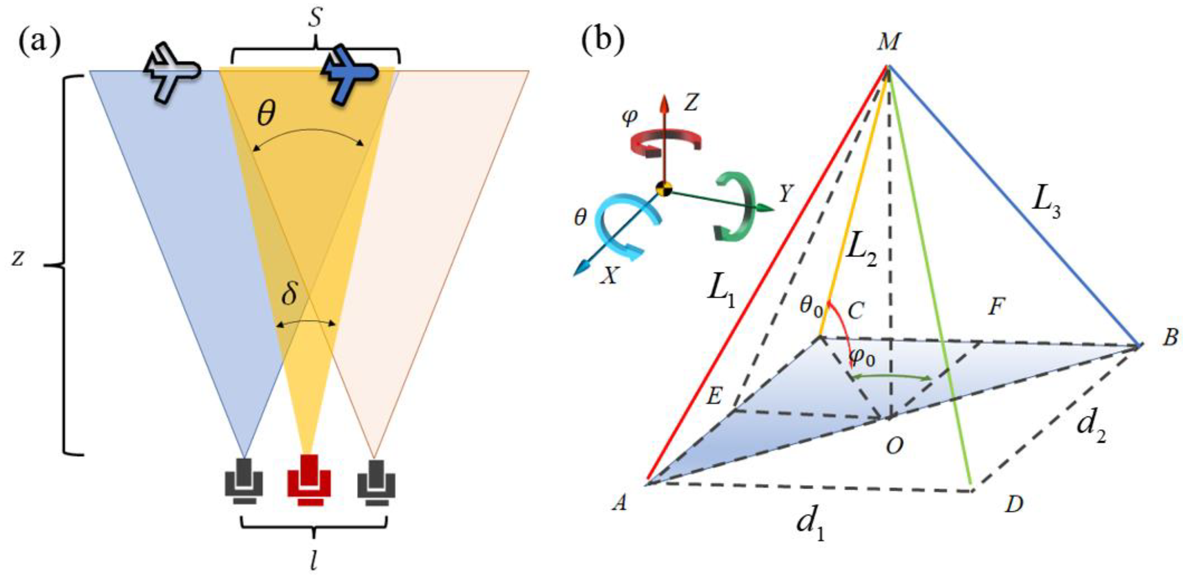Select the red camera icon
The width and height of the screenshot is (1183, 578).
[x=308, y=480]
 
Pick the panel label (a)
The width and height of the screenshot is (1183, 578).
[x=39, y=42]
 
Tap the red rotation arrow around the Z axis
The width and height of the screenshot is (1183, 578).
[x=664, y=143]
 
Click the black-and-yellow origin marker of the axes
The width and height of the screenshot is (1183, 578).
[x=664, y=189]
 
